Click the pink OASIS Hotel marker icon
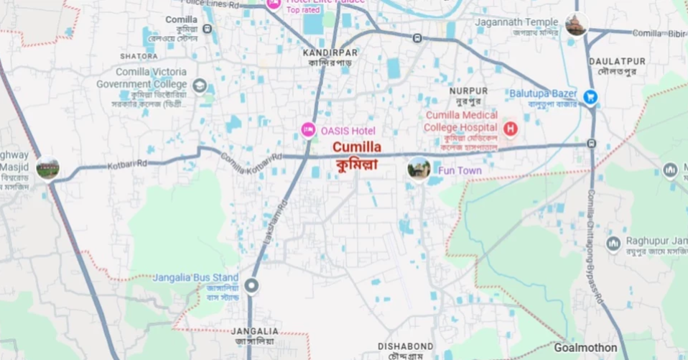click(x=307, y=130)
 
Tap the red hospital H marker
click(x=510, y=129)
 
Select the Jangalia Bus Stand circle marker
click(x=251, y=286)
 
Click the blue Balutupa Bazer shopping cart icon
click(x=590, y=96)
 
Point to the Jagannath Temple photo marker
click(x=575, y=24)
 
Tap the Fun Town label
click(x=460, y=171)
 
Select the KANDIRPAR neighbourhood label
click(x=330, y=53)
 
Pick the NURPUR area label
click(x=468, y=91)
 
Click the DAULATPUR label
click(x=617, y=62)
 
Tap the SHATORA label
click(x=139, y=56)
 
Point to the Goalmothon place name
click(x=585, y=347)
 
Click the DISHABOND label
click(x=406, y=346)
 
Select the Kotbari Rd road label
click(x=127, y=164)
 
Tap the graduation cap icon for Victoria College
click(x=200, y=87)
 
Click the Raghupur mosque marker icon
click(x=613, y=244)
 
